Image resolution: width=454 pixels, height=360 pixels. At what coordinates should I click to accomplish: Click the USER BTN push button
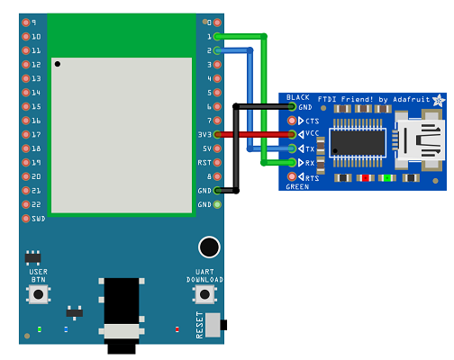pos(39,294)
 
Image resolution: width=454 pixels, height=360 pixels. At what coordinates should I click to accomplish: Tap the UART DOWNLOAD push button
pos(204,294)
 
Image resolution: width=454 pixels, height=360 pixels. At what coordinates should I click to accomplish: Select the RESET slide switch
pos(215,325)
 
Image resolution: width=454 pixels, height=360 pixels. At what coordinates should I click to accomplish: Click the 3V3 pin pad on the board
pos(217,135)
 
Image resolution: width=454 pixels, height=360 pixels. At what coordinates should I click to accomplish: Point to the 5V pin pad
pos(217,148)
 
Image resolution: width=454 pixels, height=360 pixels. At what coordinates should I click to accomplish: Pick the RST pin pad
pos(217,163)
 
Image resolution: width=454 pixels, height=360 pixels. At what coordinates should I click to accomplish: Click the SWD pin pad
pos(26,219)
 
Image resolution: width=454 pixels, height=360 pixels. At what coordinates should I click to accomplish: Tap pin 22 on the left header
pos(26,204)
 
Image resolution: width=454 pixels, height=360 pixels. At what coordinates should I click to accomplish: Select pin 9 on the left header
pos(26,22)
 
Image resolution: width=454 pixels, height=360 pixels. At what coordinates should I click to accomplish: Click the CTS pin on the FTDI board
pos(292,121)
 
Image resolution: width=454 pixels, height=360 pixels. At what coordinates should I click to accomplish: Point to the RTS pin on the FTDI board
pos(292,176)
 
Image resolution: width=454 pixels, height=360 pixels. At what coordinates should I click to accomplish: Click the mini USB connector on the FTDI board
pos(419,139)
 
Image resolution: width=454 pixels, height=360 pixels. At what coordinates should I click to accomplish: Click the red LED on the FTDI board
pos(365,178)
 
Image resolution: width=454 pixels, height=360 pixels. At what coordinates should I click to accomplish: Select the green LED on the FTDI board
pos(387,178)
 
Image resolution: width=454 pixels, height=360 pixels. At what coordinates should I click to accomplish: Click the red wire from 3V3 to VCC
pos(254,135)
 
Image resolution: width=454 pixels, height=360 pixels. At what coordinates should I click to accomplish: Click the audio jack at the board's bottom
pos(122,315)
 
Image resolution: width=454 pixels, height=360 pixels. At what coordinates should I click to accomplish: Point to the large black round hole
pos(209,247)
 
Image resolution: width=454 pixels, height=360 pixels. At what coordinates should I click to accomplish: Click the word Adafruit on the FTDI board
pos(412,99)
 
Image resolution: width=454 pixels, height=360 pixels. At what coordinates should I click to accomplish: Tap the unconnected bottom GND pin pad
pos(217,204)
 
